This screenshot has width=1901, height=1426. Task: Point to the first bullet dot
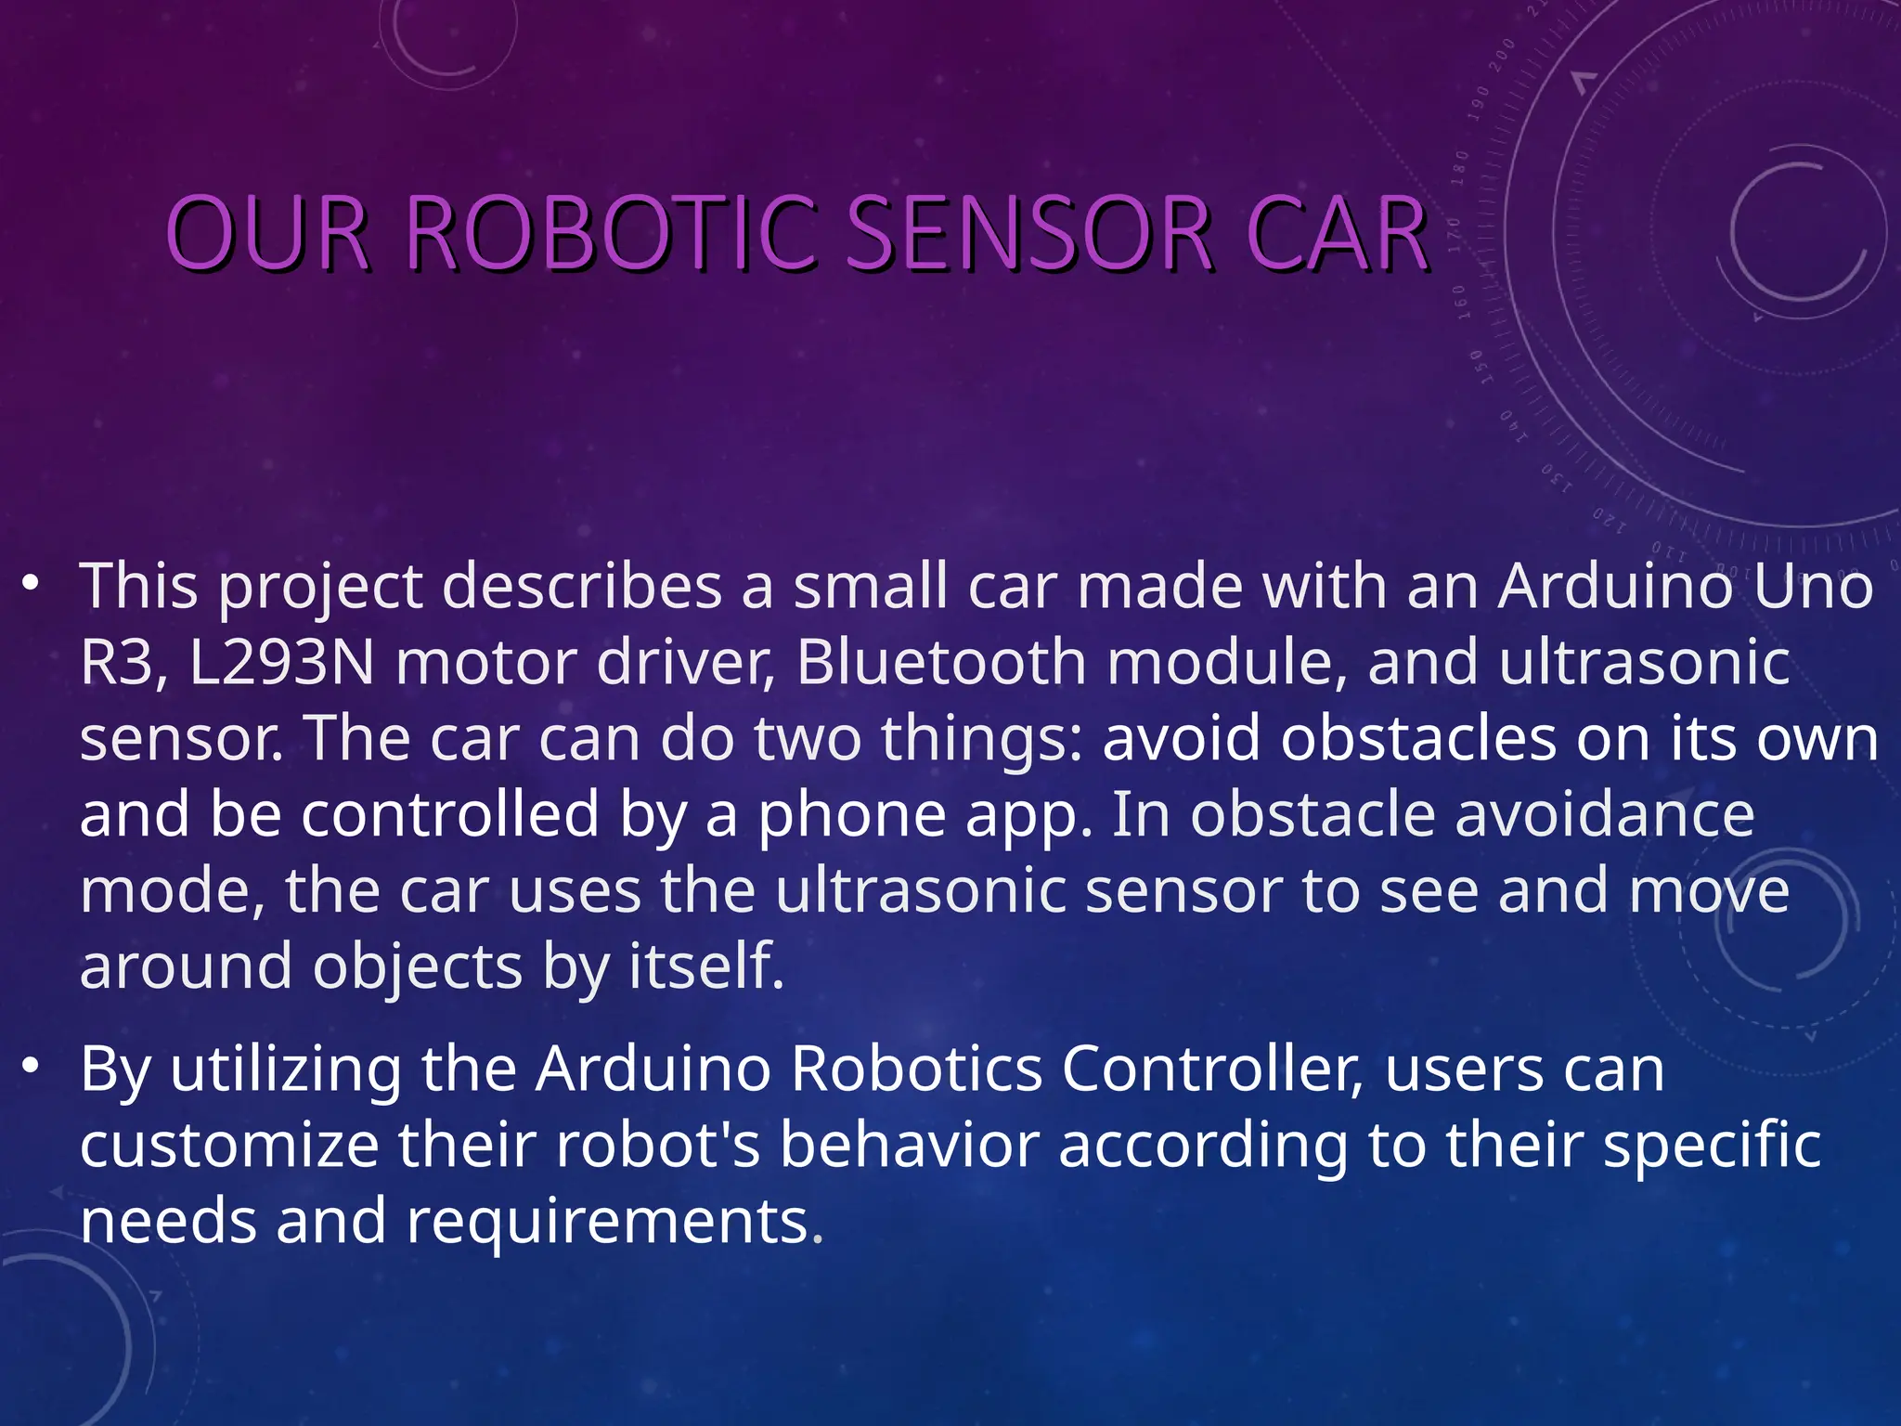31,584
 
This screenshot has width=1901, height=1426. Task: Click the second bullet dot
31,1066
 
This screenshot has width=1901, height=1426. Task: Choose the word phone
852,815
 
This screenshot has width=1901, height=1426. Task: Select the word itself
706,966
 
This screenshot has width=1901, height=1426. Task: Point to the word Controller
1212,1069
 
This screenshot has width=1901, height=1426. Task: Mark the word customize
229,1146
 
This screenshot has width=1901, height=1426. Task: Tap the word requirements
615,1222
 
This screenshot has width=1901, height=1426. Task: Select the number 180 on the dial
1460,167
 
